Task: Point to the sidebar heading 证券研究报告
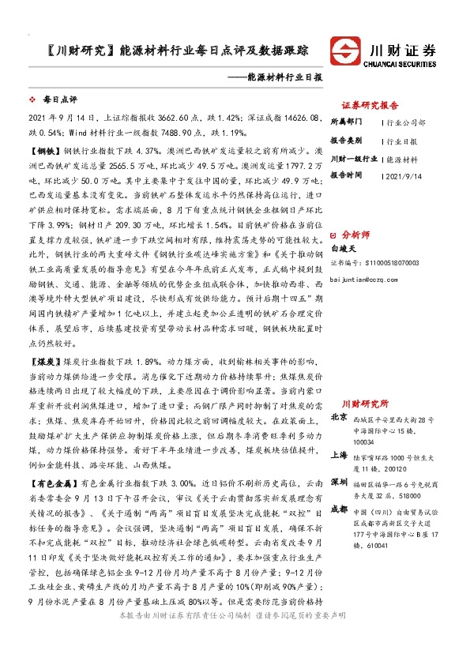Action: tap(370, 104)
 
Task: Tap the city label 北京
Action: tap(339, 416)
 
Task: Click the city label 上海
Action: tap(339, 456)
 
